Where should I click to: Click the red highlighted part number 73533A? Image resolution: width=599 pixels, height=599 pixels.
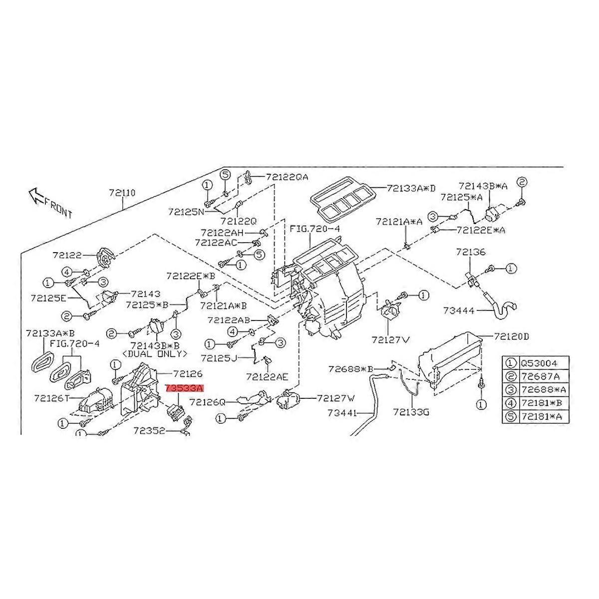185,387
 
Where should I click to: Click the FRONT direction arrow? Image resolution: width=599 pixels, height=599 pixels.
36,195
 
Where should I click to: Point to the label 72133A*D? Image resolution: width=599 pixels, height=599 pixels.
411,188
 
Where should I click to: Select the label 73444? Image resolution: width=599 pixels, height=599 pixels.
459,310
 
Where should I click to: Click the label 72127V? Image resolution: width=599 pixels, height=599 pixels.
390,339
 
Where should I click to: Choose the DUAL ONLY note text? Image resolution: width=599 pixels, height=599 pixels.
157,353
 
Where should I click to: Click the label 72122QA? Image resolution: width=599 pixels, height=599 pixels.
287,177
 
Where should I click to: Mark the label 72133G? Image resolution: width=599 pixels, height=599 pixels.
411,412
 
